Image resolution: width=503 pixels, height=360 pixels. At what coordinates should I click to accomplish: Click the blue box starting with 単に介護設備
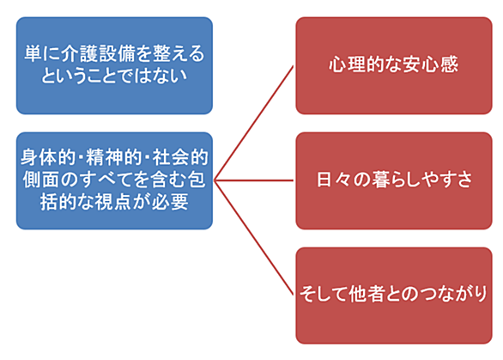click(x=114, y=65)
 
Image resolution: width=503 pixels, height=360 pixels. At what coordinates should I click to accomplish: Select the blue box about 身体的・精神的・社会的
click(x=114, y=180)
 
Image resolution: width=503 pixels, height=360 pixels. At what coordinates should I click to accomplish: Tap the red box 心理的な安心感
click(x=394, y=65)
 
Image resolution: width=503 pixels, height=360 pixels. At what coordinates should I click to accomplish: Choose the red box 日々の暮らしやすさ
click(x=394, y=180)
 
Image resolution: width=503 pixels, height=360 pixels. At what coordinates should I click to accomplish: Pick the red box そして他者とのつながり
click(x=394, y=296)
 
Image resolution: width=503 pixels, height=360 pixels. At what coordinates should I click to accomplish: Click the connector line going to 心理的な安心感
click(x=254, y=124)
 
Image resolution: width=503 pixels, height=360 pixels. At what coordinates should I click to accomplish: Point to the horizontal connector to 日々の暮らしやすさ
click(x=254, y=180)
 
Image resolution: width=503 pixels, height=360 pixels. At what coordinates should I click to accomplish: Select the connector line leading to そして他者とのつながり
click(x=254, y=238)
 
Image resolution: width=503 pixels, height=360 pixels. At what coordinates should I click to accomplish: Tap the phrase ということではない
click(x=114, y=76)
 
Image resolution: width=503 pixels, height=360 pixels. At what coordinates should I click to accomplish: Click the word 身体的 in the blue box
click(x=48, y=157)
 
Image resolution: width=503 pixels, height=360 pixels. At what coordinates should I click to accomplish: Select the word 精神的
click(x=114, y=157)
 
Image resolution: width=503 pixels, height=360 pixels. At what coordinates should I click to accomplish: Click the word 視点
click(x=113, y=202)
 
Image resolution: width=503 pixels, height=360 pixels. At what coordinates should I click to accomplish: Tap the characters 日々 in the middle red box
click(x=334, y=180)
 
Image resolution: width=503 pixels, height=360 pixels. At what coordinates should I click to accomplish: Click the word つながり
click(x=455, y=294)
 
